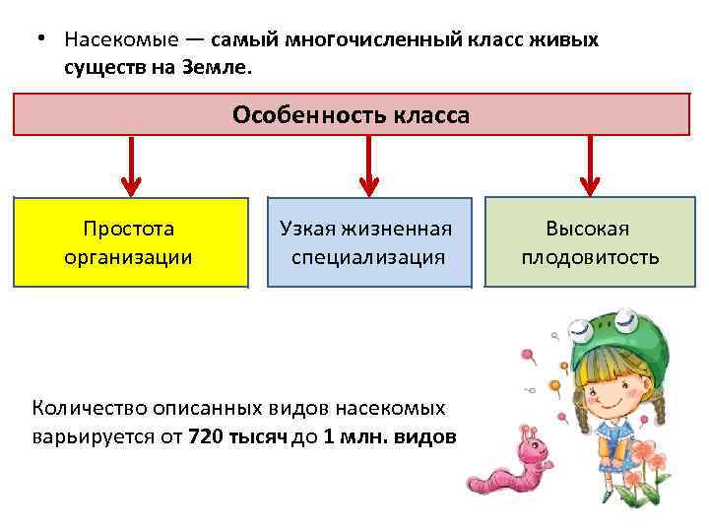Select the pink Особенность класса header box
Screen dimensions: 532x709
pyautogui.click(x=352, y=114)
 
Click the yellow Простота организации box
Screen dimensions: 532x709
pyautogui.click(x=129, y=242)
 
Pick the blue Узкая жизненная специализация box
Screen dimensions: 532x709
pyautogui.click(x=368, y=242)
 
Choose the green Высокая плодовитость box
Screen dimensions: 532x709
pyautogui.click(x=589, y=242)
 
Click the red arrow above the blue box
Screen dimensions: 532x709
pyautogui.click(x=368, y=166)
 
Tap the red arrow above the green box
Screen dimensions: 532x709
pyautogui.click(x=589, y=166)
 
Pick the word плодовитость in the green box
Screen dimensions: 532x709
pyautogui.click(x=590, y=258)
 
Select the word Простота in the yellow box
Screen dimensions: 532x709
pyautogui.click(x=128, y=229)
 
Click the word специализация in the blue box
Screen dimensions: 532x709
pyautogui.click(x=368, y=258)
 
